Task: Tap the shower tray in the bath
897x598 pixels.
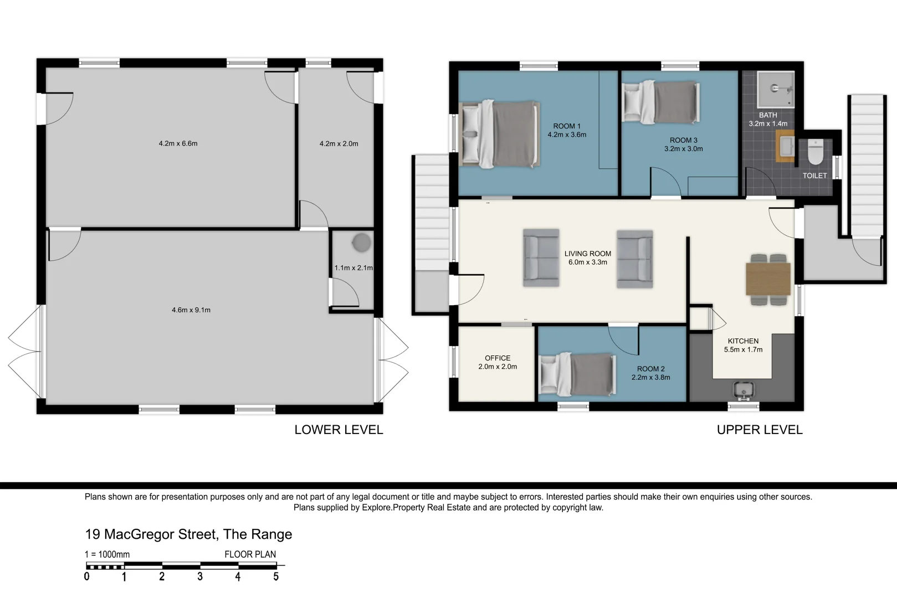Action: coord(776,90)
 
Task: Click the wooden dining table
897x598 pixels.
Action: coord(768,279)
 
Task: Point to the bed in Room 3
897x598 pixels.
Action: coord(661,102)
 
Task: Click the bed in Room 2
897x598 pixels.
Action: coord(577,374)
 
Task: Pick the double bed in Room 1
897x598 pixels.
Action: coord(499,133)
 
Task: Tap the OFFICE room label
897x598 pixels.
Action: coord(498,358)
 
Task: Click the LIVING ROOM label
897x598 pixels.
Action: coord(588,254)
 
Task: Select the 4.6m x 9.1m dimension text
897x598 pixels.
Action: coord(191,310)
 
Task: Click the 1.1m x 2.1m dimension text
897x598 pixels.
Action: coord(353,268)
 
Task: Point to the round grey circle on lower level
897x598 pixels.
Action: coord(362,243)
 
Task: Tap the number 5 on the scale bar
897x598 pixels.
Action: coord(276,576)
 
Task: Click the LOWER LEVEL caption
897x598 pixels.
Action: coord(339,430)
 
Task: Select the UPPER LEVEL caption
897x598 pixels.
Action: coord(760,430)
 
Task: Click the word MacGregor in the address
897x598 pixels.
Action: coord(160,534)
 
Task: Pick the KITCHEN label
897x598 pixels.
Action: coord(743,341)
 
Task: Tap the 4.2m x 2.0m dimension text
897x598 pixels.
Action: coord(339,144)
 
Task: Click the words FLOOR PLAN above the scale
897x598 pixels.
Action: coord(250,554)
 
